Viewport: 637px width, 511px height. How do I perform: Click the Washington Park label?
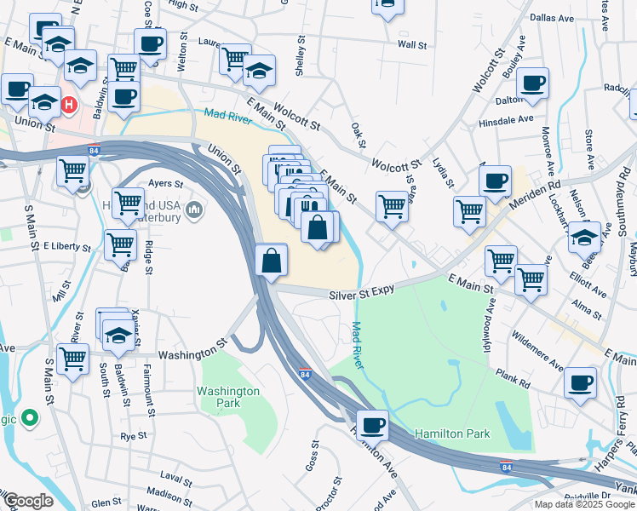pyautogui.click(x=227, y=397)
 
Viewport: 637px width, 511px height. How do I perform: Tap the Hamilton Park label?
pyautogui.click(x=452, y=433)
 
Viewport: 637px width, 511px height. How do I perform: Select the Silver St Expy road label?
pyautogui.click(x=362, y=292)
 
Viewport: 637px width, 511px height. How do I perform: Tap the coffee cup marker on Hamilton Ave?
pyautogui.click(x=371, y=423)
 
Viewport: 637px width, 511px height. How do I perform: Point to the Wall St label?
pyautogui.click(x=412, y=44)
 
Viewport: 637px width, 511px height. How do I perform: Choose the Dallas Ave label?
pyautogui.click(x=548, y=16)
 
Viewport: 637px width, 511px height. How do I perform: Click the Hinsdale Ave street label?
pyautogui.click(x=507, y=121)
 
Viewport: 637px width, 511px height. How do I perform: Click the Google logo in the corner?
pyautogui.click(x=27, y=501)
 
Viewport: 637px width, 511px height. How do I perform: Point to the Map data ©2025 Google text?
pyautogui.click(x=583, y=504)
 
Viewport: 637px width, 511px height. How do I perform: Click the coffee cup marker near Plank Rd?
pyautogui.click(x=580, y=382)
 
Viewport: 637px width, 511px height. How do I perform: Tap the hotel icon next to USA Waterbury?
pyautogui.click(x=195, y=209)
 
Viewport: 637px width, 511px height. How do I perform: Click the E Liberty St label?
pyautogui.click(x=66, y=247)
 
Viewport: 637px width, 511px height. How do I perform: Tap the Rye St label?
pyautogui.click(x=134, y=435)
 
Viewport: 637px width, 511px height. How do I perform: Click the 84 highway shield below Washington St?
pyautogui.click(x=304, y=373)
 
